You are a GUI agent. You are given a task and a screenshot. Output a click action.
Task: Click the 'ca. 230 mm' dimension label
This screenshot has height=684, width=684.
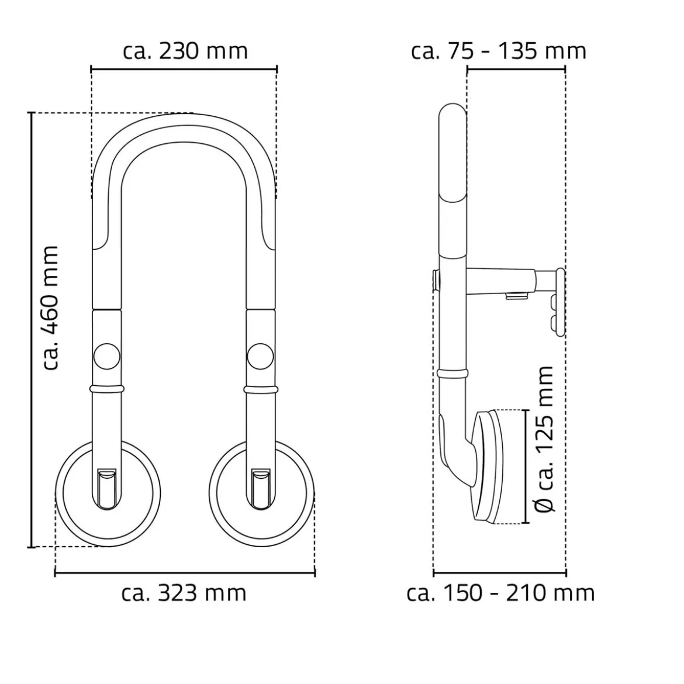(x=185, y=51)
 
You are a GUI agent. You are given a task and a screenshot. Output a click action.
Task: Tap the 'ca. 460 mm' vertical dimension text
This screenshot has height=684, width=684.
(x=51, y=308)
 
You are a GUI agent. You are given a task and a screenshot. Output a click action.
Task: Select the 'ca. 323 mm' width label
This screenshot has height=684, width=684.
(x=184, y=593)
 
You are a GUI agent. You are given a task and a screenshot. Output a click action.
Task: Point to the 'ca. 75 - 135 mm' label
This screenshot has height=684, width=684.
(x=499, y=51)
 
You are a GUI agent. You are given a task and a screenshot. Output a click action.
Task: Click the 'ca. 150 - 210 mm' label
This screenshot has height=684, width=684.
(x=500, y=593)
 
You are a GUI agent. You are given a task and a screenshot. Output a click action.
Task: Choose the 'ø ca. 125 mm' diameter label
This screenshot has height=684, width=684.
(x=544, y=439)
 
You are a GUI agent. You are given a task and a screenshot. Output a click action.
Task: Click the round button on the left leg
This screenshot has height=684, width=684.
(x=107, y=357)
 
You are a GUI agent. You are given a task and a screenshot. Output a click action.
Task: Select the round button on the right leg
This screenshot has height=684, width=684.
(x=260, y=357)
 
